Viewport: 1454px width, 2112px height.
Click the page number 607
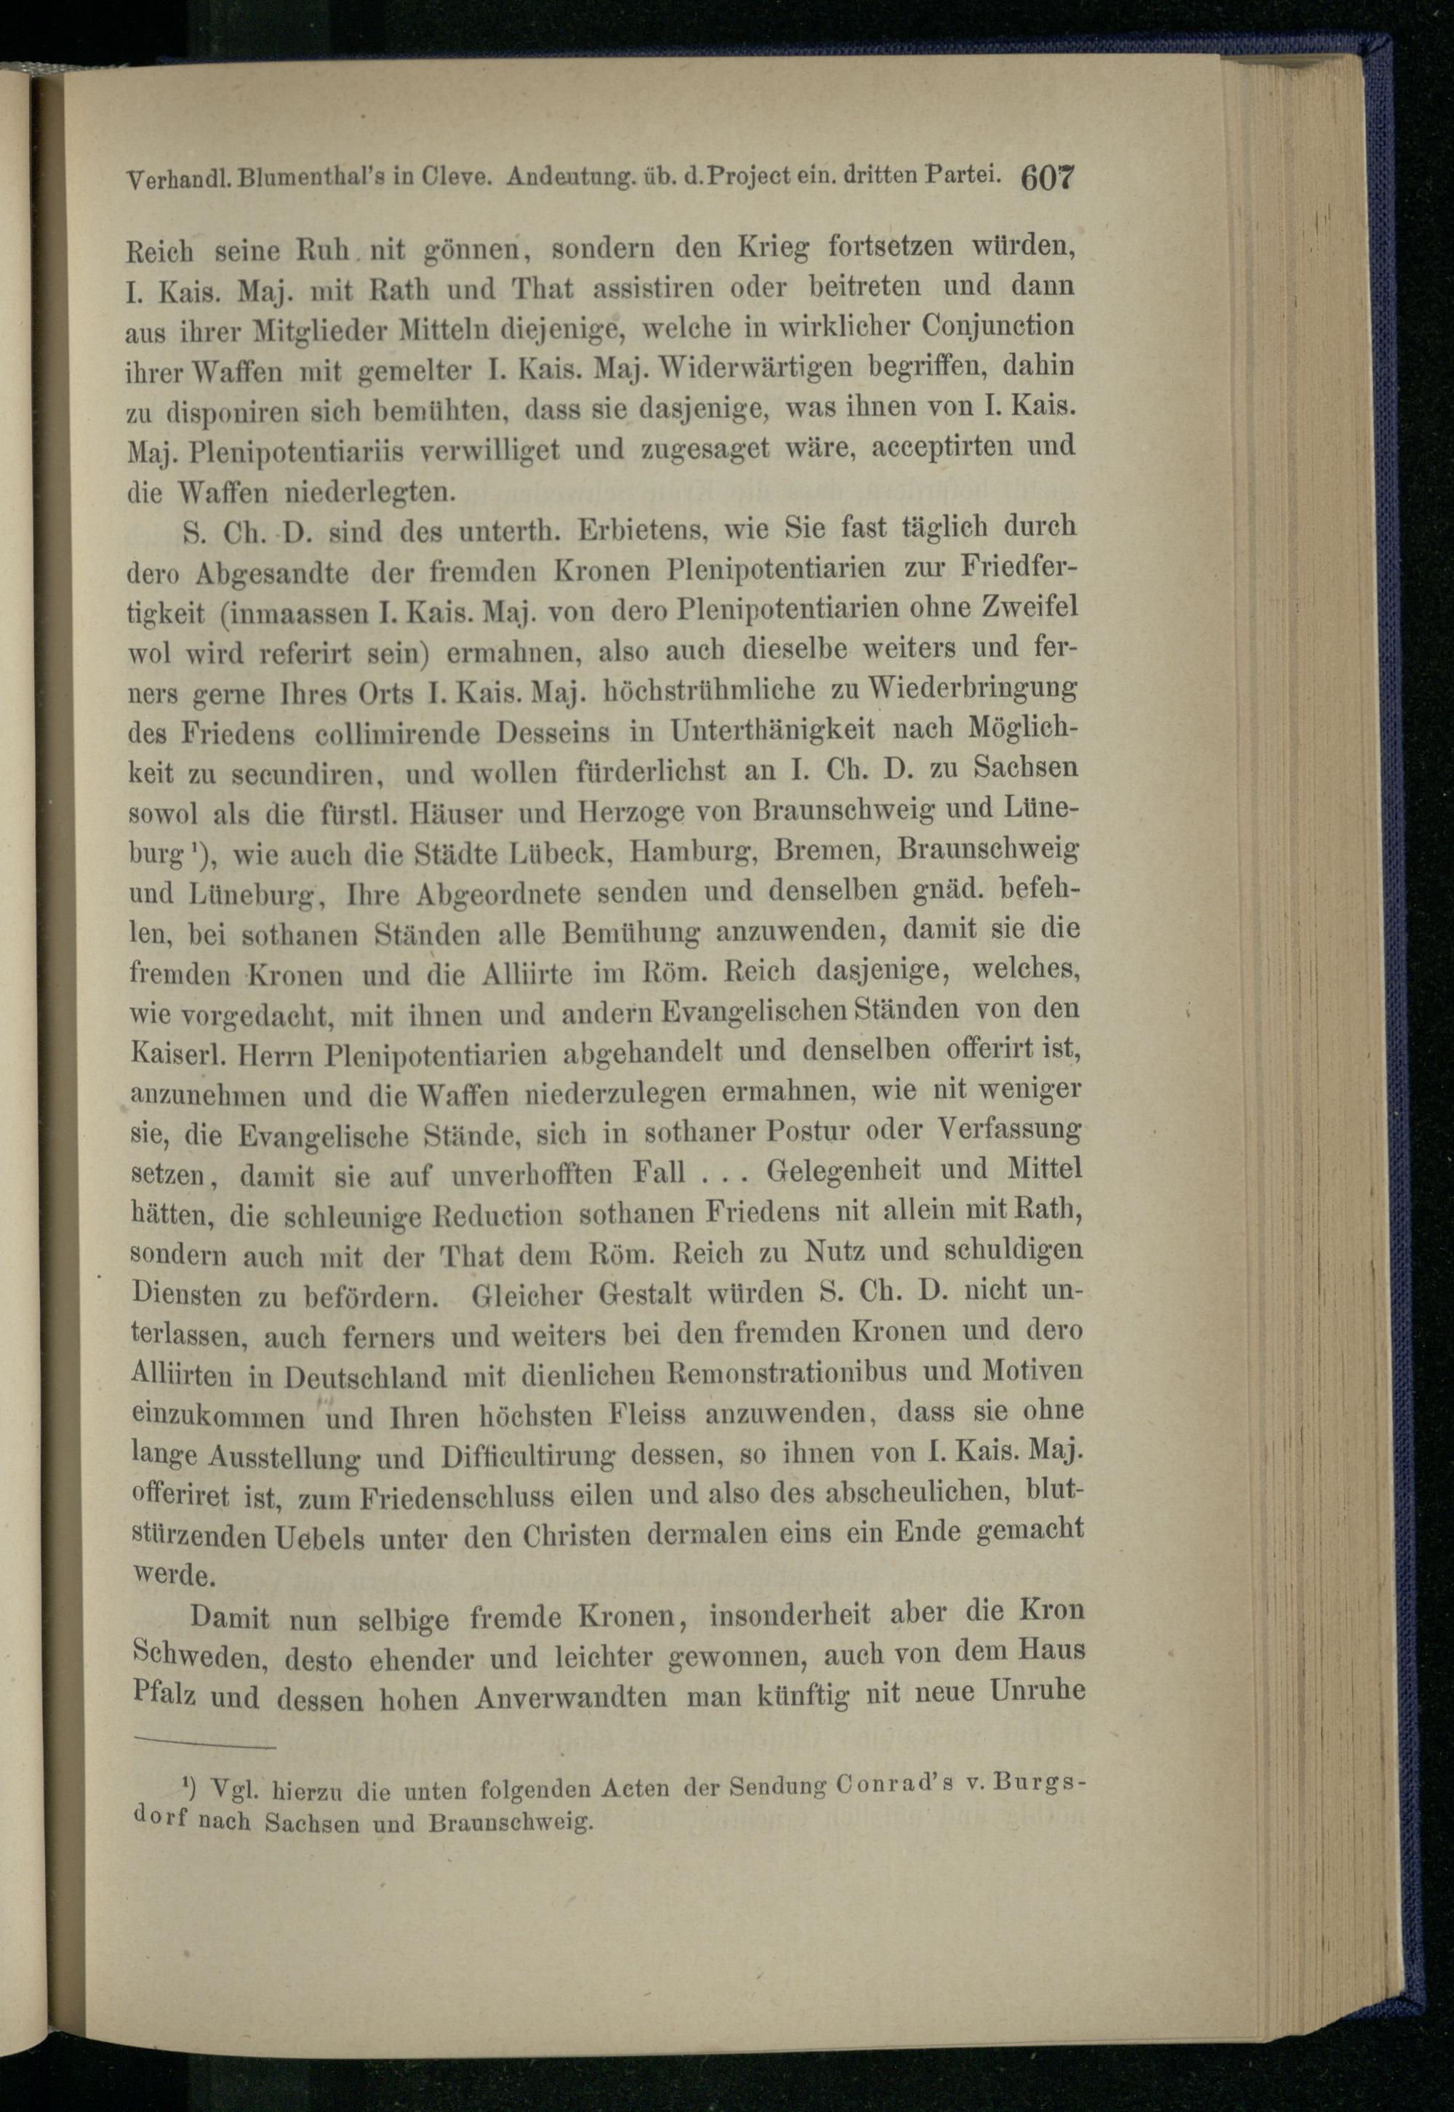[1048, 176]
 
